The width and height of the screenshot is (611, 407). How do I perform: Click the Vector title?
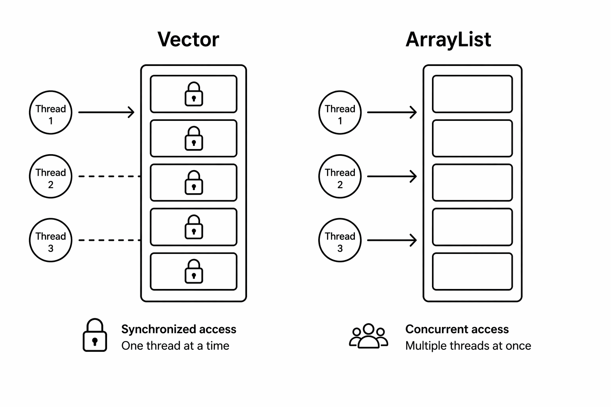tap(188, 39)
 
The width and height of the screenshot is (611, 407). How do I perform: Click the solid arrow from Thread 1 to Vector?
tap(106, 112)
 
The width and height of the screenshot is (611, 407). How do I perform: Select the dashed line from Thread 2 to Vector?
tap(109, 176)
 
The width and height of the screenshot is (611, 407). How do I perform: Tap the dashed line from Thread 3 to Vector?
tap(109, 240)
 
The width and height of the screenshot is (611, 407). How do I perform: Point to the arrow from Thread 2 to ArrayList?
tap(392, 176)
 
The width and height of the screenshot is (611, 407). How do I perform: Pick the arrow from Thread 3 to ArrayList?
tap(392, 240)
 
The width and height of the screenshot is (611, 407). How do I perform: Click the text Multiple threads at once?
tap(468, 346)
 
